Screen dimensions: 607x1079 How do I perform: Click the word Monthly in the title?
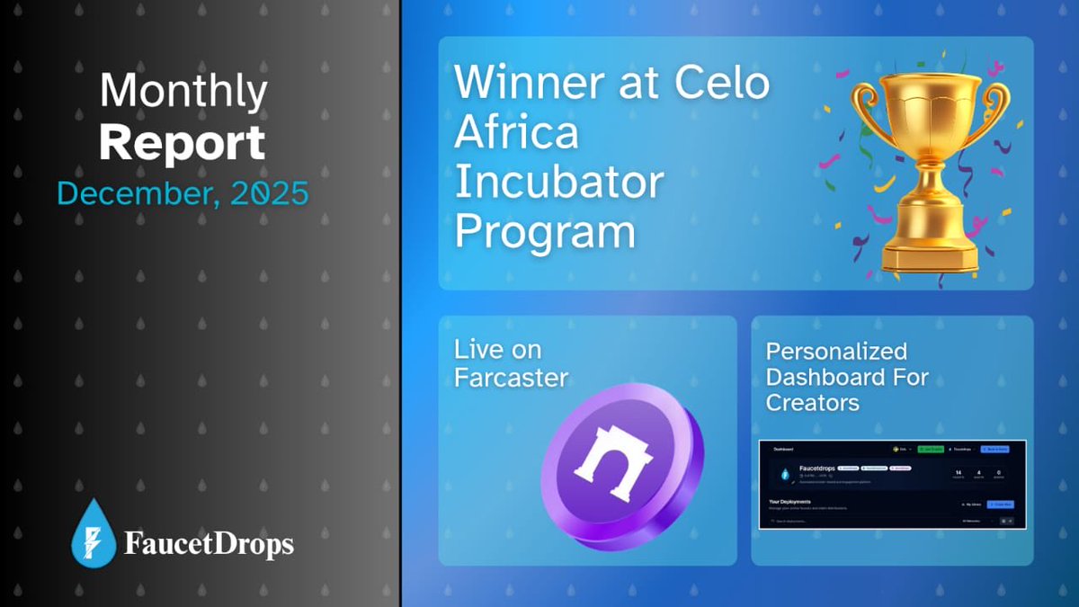(183, 91)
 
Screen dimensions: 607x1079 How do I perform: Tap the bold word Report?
(183, 143)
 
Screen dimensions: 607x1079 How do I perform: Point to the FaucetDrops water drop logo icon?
(94, 533)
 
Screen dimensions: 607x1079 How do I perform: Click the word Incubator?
(558, 183)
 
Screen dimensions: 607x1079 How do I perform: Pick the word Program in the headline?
(545, 232)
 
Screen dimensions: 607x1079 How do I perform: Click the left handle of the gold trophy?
(865, 112)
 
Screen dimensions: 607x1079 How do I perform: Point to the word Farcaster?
(511, 377)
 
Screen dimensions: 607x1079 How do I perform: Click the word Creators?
(813, 402)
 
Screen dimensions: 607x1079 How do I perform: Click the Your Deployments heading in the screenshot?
(789, 502)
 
